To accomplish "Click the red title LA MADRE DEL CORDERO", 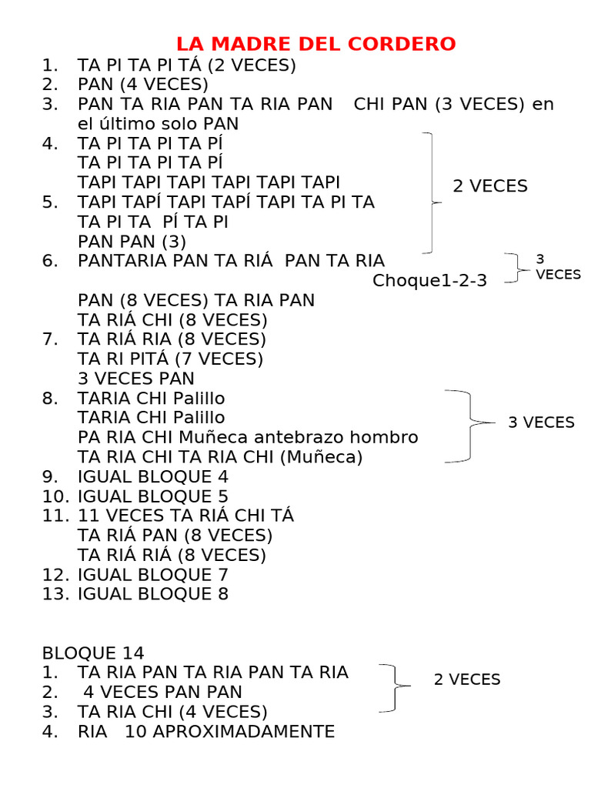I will (316, 44).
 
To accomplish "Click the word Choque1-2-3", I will (429, 281).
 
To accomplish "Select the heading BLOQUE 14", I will (93, 653).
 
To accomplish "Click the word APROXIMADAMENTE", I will (244, 732).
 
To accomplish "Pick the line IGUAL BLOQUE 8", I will (153, 594).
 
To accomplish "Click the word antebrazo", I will (299, 438).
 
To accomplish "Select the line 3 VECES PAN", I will (136, 379).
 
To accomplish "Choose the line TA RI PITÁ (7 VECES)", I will (170, 359).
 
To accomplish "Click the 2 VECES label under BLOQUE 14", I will (467, 679).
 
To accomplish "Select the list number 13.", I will (56, 594).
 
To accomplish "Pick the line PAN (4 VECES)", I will (143, 85).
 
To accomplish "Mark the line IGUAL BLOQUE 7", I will (153, 575).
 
